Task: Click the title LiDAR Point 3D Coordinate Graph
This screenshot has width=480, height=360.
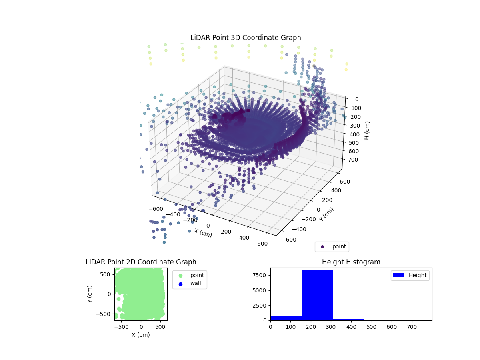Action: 246,38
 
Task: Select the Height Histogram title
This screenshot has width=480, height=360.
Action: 351,262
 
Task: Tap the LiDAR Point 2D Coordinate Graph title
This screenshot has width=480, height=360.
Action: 141,262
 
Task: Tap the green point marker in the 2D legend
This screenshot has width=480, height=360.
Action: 180,275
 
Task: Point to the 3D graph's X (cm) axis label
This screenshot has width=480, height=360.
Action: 203,233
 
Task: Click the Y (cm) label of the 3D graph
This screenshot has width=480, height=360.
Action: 326,214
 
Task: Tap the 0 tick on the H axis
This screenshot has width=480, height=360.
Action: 356,99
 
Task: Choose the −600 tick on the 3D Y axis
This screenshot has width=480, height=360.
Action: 289,240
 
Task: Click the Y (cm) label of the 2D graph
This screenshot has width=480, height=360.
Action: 90,294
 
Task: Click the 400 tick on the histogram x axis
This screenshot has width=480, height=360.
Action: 351,326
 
